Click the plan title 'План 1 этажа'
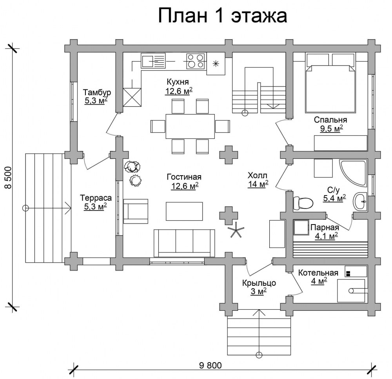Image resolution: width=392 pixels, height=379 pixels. [x=223, y=16]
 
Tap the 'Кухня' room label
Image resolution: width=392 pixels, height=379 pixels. [x=178, y=82]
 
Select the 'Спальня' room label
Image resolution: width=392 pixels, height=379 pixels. [x=330, y=120]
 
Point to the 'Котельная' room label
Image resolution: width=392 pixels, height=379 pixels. [x=318, y=272]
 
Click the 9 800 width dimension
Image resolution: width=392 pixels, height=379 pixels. [x=211, y=366]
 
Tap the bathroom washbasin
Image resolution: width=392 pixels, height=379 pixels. [x=360, y=201]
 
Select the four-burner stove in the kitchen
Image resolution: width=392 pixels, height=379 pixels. [x=196, y=61]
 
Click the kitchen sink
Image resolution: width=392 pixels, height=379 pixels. [x=153, y=61]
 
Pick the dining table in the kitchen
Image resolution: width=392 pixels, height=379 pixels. [x=190, y=126]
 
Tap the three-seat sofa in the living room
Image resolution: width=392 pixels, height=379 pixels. [x=184, y=243]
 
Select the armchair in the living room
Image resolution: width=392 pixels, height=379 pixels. [x=135, y=211]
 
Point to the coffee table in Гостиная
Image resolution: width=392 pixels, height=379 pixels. [x=184, y=211]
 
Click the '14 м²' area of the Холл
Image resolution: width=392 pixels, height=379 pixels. [x=258, y=184]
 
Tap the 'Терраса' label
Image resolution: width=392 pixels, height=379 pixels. [x=96, y=198]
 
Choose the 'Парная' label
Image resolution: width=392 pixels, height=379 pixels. [x=325, y=227]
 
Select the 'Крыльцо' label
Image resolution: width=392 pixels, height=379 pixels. [x=259, y=283]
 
